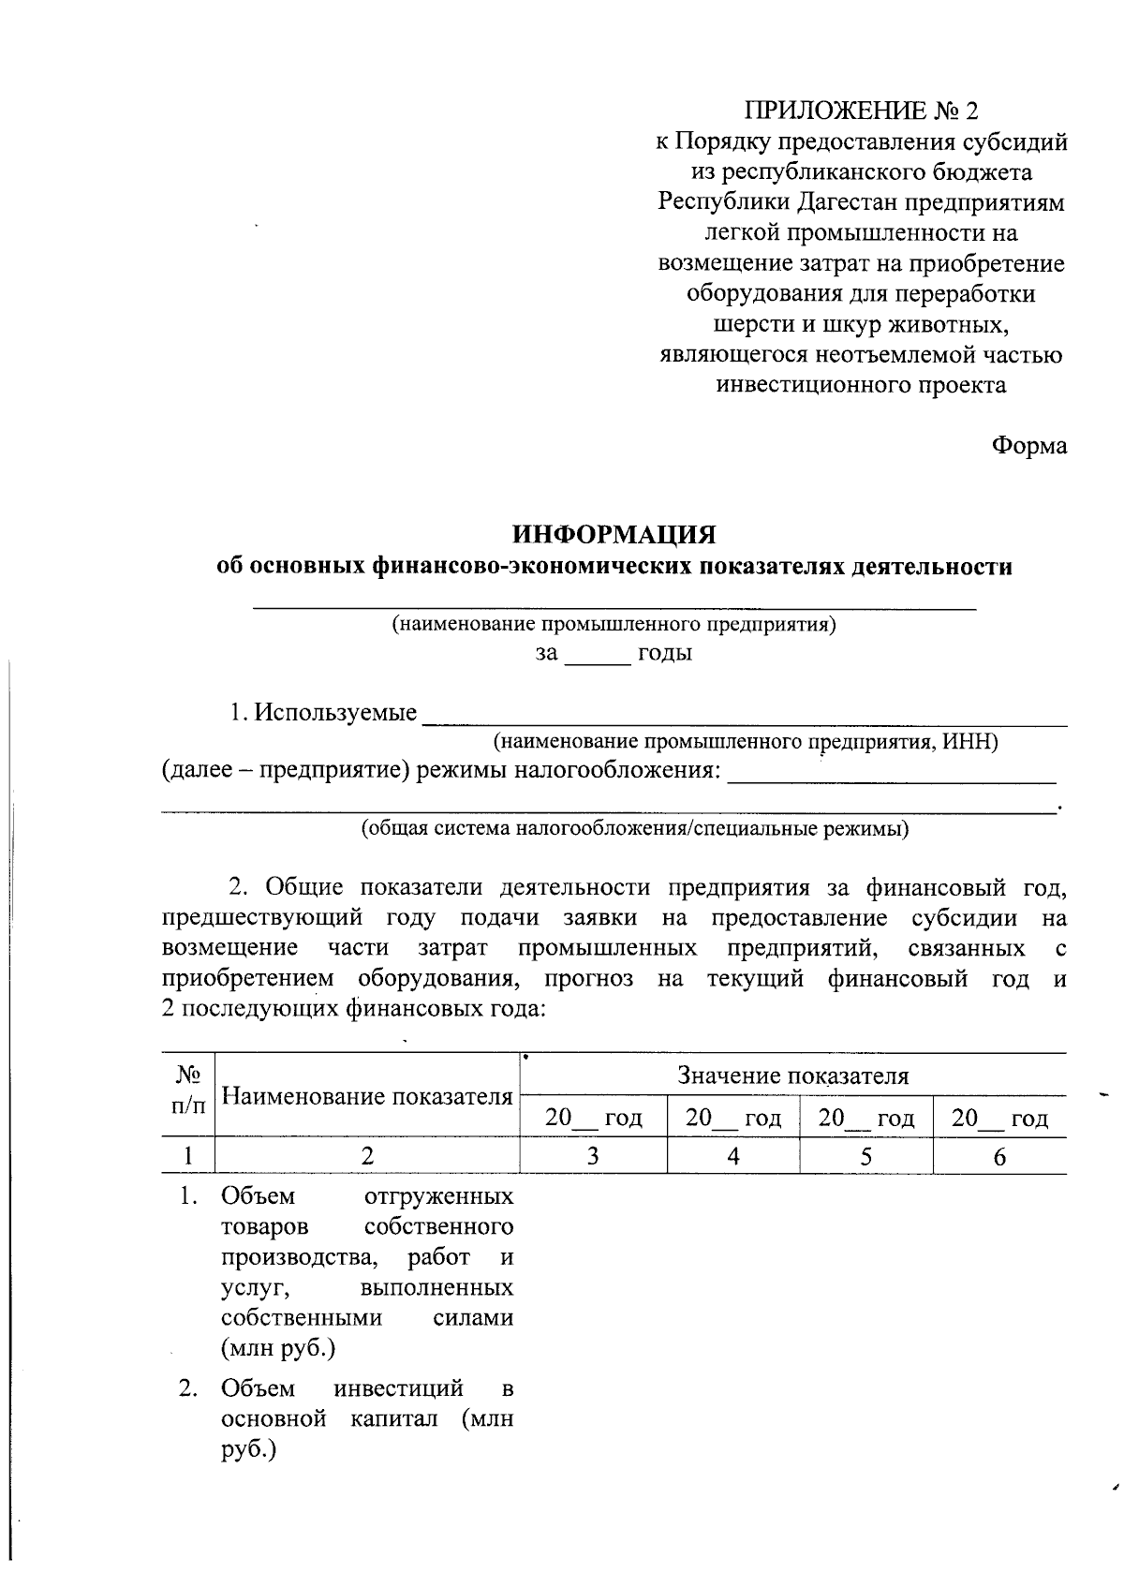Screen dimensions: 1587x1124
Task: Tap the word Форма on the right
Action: [x=1029, y=446]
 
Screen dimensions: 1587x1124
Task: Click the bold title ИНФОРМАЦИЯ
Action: [x=614, y=535]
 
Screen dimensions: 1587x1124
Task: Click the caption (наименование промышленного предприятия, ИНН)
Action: [x=746, y=743]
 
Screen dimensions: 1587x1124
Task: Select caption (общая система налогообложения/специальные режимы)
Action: [x=635, y=829]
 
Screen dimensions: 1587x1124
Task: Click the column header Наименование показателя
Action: [x=368, y=1096]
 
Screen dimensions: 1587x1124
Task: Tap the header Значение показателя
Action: [x=792, y=1075]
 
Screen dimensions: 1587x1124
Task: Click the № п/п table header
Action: [x=188, y=1090]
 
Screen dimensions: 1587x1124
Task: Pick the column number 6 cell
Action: [x=999, y=1157]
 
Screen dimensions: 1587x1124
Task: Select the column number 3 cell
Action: [x=593, y=1157]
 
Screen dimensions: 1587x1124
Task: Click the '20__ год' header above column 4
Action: [x=732, y=1119]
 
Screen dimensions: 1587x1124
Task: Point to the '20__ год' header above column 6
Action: [x=999, y=1119]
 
